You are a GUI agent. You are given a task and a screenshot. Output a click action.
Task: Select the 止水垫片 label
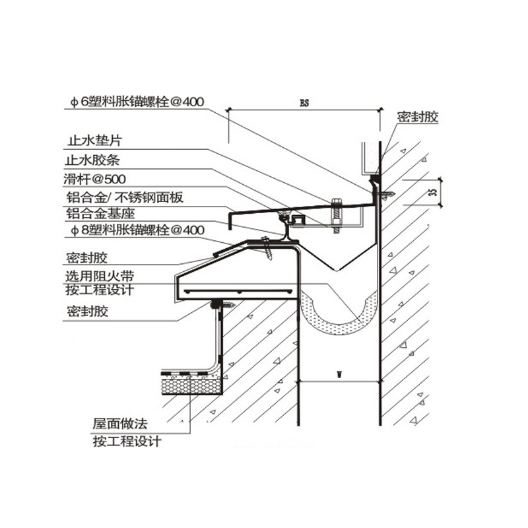95,141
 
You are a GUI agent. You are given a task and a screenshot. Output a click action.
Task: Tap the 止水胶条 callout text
95,159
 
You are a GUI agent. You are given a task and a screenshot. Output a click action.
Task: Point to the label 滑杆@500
96,178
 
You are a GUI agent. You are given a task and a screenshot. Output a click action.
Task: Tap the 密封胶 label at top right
418,117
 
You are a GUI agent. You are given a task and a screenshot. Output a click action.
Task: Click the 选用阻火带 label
99,275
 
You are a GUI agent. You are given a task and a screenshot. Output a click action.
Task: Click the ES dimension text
304,104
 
